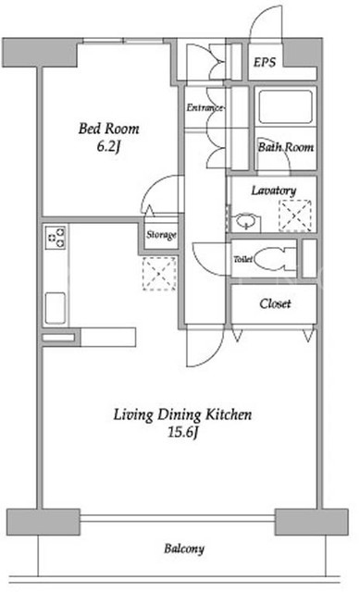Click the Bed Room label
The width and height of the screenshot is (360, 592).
pyautogui.click(x=109, y=129)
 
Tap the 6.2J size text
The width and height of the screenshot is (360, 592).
pyautogui.click(x=108, y=146)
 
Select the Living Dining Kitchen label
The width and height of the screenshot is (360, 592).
pyautogui.click(x=183, y=414)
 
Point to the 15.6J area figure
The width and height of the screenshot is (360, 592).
pyautogui.click(x=183, y=432)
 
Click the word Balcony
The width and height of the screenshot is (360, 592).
pyautogui.click(x=184, y=549)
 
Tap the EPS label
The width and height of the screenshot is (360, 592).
pyautogui.click(x=265, y=62)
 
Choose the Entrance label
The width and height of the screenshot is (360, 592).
pyautogui.click(x=205, y=108)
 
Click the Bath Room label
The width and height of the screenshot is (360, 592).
pyautogui.click(x=286, y=147)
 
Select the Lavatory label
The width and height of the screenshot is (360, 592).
pyautogui.click(x=274, y=191)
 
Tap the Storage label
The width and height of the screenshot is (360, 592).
pyautogui.click(x=161, y=235)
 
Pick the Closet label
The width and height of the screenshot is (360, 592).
pyautogui.click(x=275, y=303)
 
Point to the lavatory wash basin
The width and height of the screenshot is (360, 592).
pyautogui.click(x=246, y=222)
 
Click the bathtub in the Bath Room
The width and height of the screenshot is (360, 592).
pyautogui.click(x=286, y=106)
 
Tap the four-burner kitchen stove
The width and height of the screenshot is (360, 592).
pyautogui.click(x=56, y=238)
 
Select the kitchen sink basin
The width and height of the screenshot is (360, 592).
pyautogui.click(x=56, y=308)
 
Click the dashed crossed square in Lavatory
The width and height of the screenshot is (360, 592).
pyautogui.click(x=295, y=216)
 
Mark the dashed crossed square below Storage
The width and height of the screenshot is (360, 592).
pyautogui.click(x=159, y=274)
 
